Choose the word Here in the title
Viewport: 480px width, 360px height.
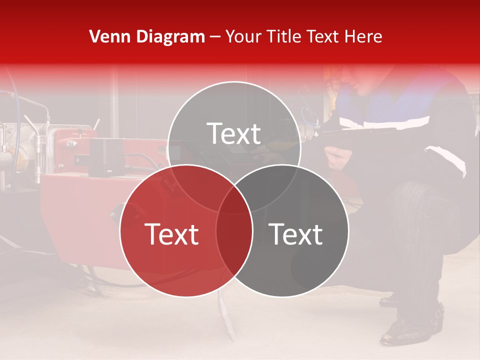[x=366, y=36]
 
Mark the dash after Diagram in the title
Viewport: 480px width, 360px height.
[x=215, y=37]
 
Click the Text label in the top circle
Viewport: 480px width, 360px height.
[x=234, y=133]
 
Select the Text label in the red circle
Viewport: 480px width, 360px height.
[x=171, y=233]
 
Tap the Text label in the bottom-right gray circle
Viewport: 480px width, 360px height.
[x=296, y=233]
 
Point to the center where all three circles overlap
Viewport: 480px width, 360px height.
[x=234, y=200]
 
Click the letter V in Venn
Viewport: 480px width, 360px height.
[x=94, y=36]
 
